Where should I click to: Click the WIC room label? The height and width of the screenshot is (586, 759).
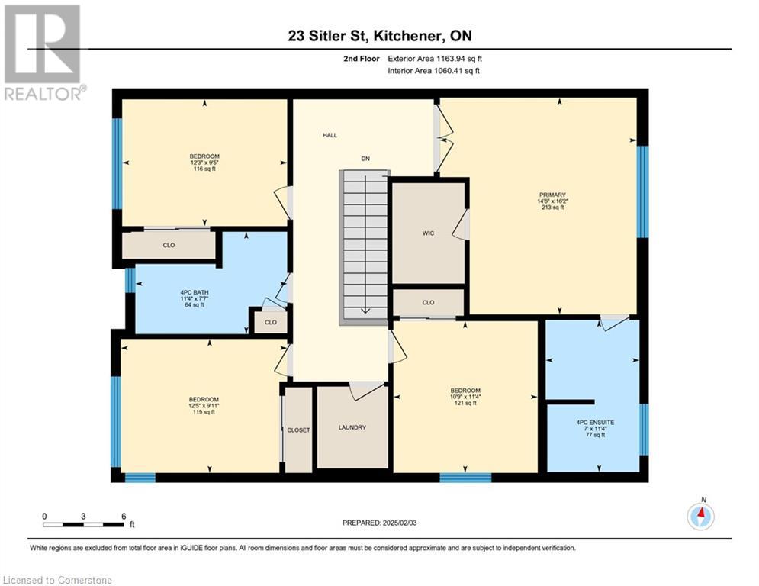pyautogui.click(x=428, y=233)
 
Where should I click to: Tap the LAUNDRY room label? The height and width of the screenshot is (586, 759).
pyautogui.click(x=352, y=427)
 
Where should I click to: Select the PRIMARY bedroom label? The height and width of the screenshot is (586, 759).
pyautogui.click(x=552, y=195)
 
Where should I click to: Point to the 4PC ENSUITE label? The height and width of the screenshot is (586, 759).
pyautogui.click(x=595, y=422)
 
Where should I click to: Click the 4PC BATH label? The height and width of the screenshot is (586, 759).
pyautogui.click(x=194, y=293)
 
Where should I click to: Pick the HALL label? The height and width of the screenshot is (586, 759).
pyautogui.click(x=330, y=135)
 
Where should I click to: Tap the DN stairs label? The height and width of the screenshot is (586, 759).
pyautogui.click(x=365, y=159)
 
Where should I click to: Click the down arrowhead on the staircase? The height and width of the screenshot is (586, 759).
pyautogui.click(x=365, y=311)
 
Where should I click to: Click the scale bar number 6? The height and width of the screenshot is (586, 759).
pyautogui.click(x=124, y=517)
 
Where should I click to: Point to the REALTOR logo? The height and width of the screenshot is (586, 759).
pyautogui.click(x=43, y=53)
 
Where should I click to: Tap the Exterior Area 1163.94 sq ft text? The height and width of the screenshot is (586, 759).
pyautogui.click(x=435, y=59)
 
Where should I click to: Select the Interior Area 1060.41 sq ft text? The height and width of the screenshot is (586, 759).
pyautogui.click(x=434, y=71)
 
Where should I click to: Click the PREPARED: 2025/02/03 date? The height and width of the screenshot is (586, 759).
pyautogui.click(x=380, y=523)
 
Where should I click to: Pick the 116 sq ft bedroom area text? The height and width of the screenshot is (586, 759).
pyautogui.click(x=204, y=169)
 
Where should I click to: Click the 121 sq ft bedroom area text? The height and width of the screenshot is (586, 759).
pyautogui.click(x=465, y=403)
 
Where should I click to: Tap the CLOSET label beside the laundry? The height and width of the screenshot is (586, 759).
pyautogui.click(x=298, y=430)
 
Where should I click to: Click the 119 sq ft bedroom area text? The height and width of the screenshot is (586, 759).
pyautogui.click(x=204, y=412)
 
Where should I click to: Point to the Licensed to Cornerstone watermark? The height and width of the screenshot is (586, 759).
pyautogui.click(x=57, y=580)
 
